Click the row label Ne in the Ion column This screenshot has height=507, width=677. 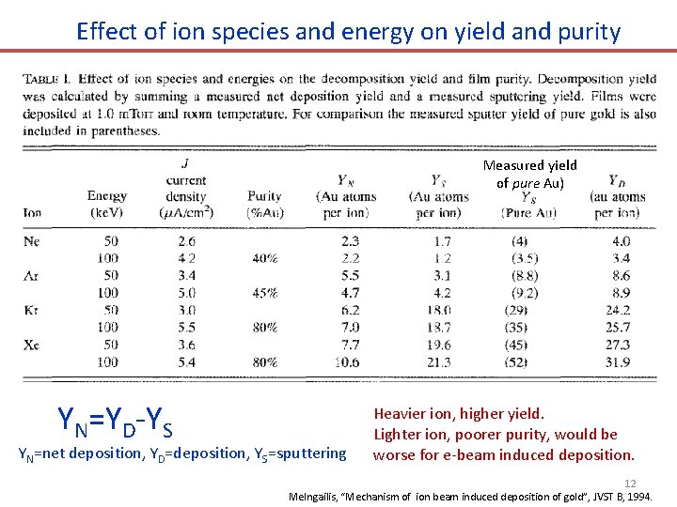click(x=32, y=241)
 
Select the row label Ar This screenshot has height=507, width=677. click(x=32, y=275)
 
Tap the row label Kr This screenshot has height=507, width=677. click(x=32, y=310)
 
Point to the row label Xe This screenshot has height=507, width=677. click(x=32, y=345)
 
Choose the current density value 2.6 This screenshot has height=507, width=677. click(x=185, y=241)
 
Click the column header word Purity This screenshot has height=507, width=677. click(x=265, y=196)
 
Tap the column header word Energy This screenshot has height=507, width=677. click(x=106, y=196)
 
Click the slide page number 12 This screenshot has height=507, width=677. click(x=630, y=483)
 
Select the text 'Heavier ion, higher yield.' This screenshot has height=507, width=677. click(x=459, y=413)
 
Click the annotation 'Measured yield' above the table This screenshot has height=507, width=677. click(x=529, y=165)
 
